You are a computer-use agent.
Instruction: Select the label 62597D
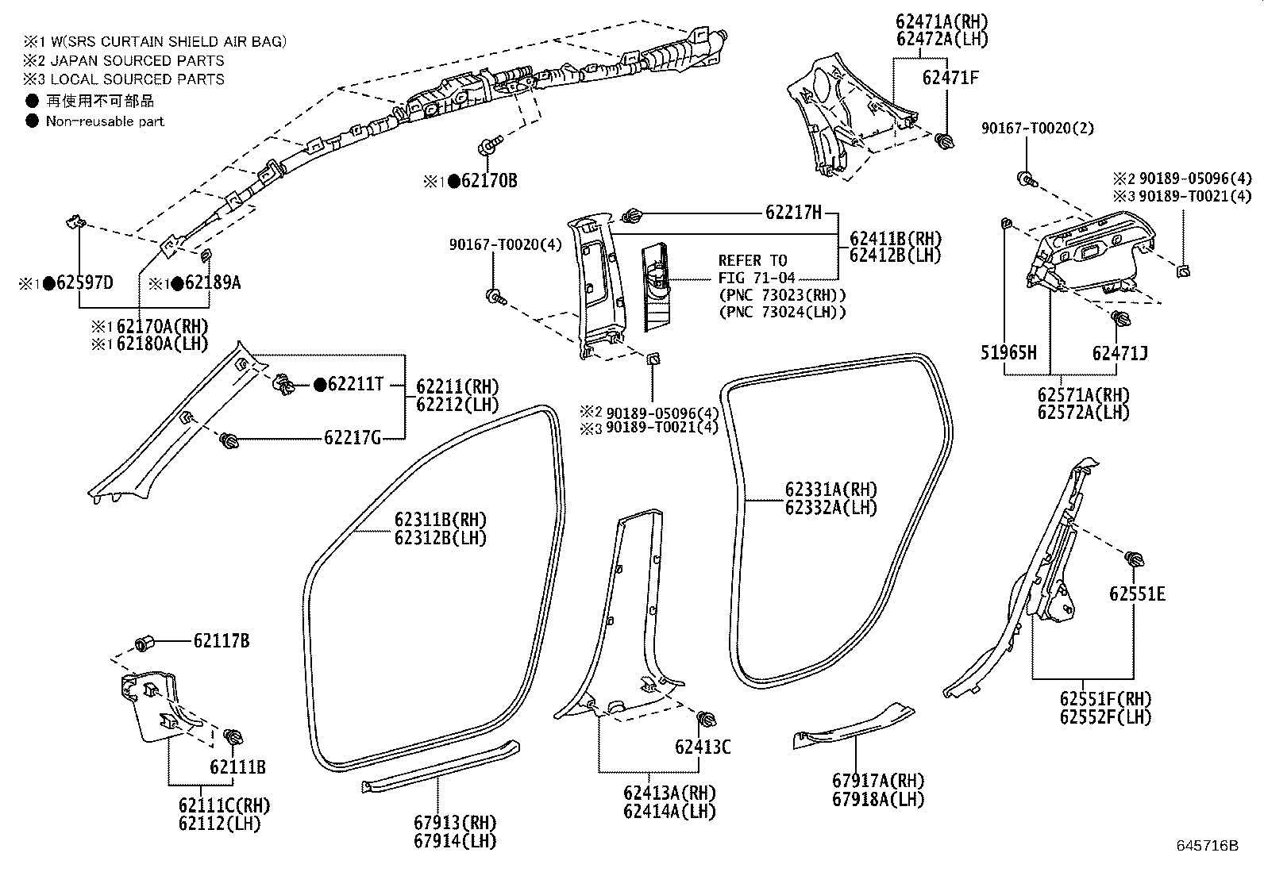click(83, 282)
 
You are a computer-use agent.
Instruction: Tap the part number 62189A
click(212, 282)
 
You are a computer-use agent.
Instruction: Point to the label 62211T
click(356, 385)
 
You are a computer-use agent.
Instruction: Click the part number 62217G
click(353, 437)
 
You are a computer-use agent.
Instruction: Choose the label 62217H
click(793, 213)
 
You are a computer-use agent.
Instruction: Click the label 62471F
click(950, 78)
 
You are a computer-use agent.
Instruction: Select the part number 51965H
click(1008, 353)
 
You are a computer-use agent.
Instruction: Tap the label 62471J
click(1120, 353)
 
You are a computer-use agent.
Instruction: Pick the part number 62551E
click(1137, 594)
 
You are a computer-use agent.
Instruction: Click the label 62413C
click(703, 747)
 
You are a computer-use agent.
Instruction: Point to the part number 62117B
click(222, 640)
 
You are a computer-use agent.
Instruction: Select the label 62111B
click(237, 767)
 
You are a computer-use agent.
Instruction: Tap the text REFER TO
click(753, 261)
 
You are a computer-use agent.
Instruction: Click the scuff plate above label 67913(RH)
click(441, 765)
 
